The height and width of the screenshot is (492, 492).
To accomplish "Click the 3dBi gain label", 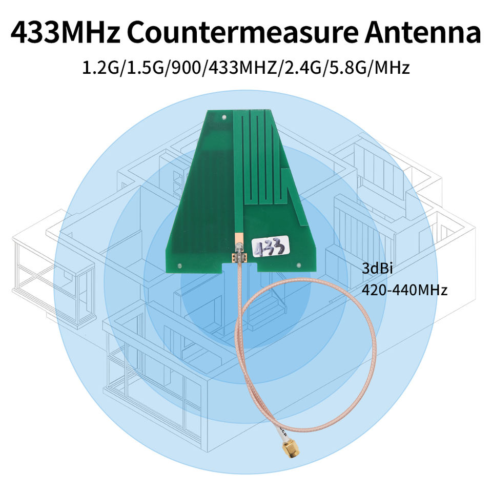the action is (x=376, y=268).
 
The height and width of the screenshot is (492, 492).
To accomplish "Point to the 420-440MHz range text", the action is (x=405, y=290).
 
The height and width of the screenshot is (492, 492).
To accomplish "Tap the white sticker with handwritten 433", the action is (x=270, y=248).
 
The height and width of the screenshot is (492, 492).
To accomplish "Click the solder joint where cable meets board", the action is (x=239, y=256).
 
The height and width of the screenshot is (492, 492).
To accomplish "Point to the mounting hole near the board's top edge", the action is (x=224, y=117).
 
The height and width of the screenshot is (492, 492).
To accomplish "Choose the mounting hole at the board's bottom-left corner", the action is (x=179, y=265).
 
